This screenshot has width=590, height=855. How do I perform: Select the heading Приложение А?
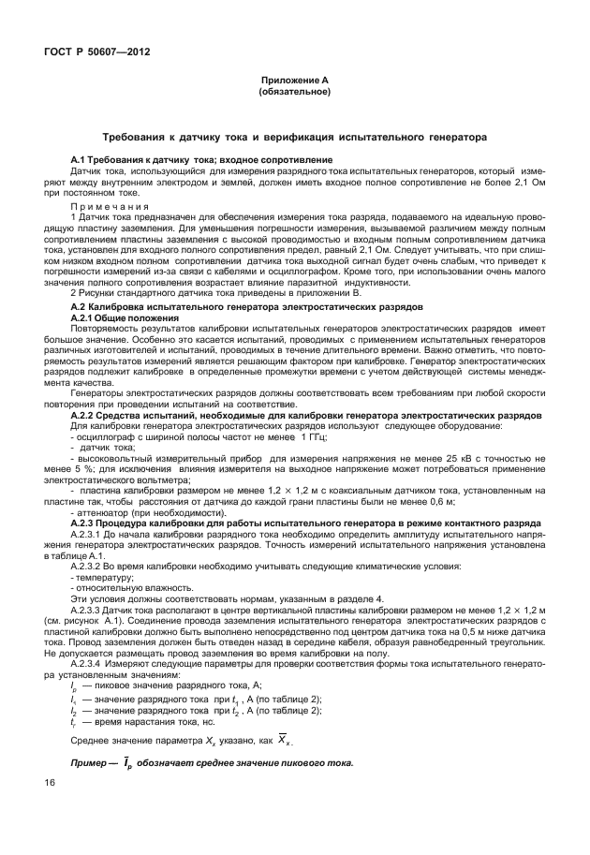[x=292, y=82]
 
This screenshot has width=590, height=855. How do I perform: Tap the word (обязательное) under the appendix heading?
[x=292, y=93]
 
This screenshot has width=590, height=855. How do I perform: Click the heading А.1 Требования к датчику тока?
[x=201, y=162]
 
